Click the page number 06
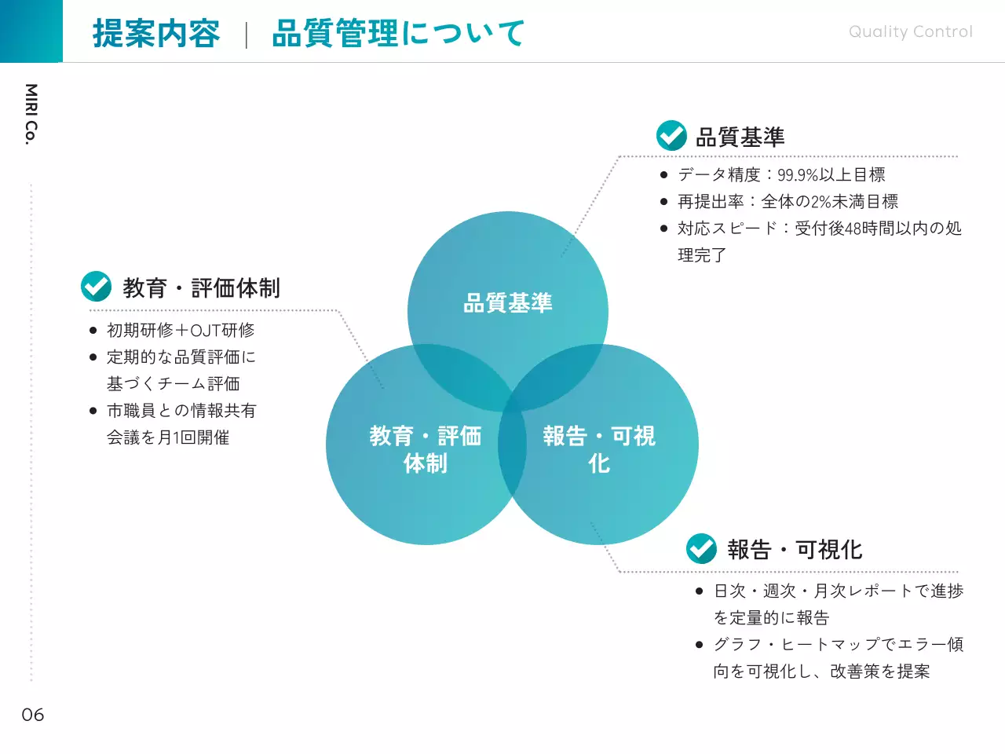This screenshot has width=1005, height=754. (x=33, y=715)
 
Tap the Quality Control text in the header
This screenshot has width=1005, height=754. (x=910, y=32)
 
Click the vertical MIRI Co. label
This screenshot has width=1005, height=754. (x=31, y=114)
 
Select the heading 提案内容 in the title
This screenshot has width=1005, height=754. (x=156, y=34)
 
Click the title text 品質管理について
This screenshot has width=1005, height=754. (x=398, y=34)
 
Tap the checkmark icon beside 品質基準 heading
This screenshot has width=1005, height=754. (x=671, y=136)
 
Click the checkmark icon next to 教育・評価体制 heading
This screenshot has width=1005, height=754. (x=97, y=287)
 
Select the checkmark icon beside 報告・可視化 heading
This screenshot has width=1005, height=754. (x=701, y=548)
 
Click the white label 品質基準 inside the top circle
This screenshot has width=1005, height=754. (x=508, y=303)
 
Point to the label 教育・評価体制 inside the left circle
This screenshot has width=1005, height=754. (x=426, y=449)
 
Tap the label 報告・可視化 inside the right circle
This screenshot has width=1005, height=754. (x=599, y=449)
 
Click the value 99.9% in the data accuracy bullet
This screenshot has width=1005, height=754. (x=798, y=175)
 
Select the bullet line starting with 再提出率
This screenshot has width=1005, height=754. (x=788, y=202)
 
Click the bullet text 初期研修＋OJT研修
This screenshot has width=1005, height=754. (x=181, y=331)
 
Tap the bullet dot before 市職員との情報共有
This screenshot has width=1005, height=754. (x=93, y=411)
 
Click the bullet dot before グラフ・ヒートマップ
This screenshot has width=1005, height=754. (x=699, y=645)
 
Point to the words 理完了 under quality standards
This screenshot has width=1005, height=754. (x=702, y=255)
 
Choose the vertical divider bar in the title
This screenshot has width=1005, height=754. (x=247, y=35)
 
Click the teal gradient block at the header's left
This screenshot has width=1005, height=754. (x=31, y=31)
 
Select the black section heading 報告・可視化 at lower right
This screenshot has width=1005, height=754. (x=795, y=550)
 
